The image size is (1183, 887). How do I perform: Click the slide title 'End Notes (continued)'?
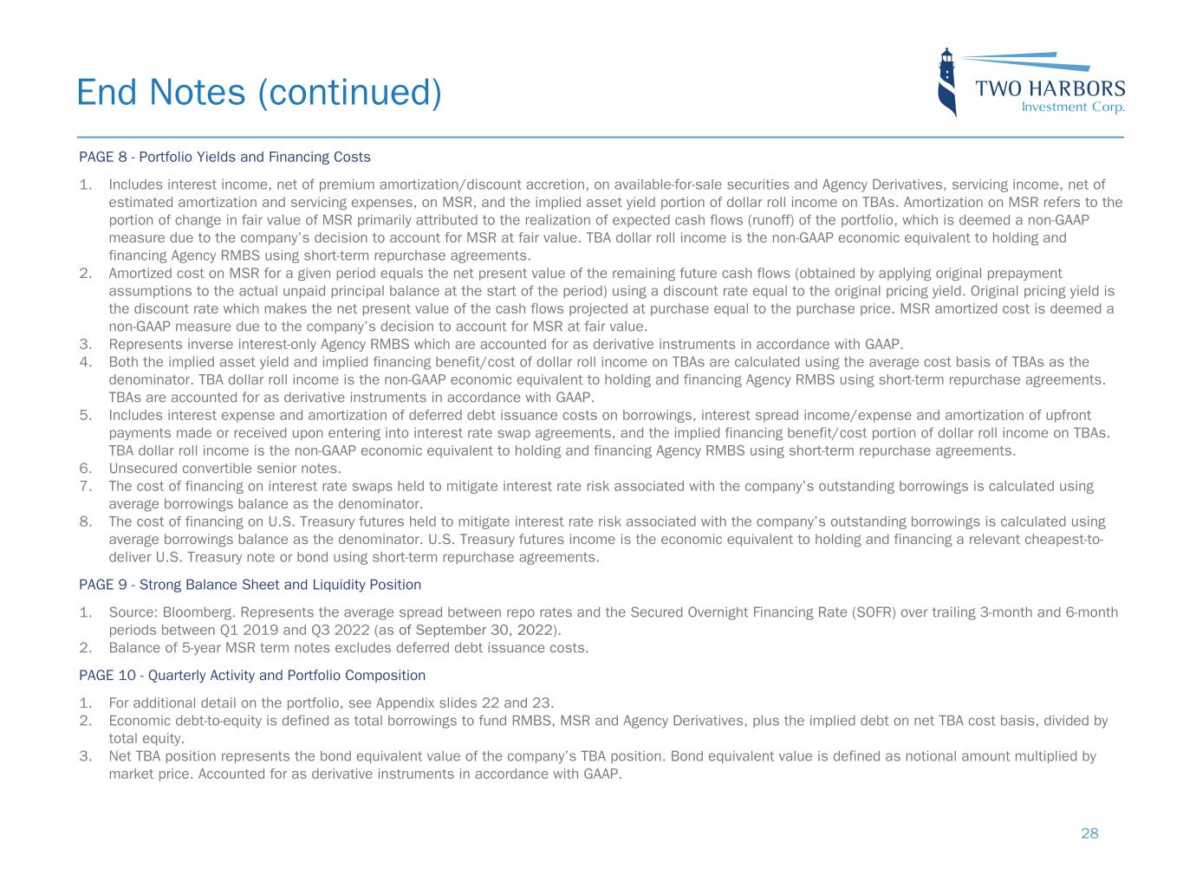258,93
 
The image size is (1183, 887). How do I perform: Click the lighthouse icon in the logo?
947,82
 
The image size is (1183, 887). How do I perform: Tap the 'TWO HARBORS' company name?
1050,88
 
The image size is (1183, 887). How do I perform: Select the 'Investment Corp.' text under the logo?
1073,107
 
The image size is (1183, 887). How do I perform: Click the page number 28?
1089,833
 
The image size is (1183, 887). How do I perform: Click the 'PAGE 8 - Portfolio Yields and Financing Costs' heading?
224,157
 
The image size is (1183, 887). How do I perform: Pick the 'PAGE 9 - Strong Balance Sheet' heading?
250,585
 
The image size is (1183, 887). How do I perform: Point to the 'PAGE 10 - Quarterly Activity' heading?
252,675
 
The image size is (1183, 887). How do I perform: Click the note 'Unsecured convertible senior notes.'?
224,469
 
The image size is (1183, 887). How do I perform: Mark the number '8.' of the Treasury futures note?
85,521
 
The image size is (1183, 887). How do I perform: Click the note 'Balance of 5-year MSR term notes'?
348,647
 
